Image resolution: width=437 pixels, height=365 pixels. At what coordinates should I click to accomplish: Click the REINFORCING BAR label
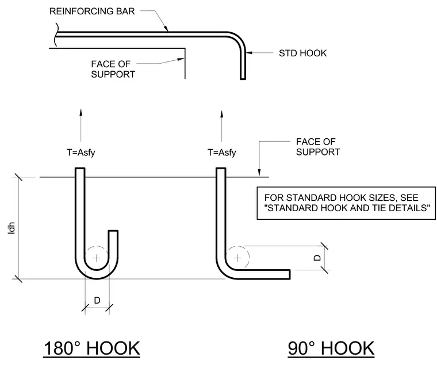tap(92, 11)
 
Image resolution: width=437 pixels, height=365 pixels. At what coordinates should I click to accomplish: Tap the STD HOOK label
tap(302, 53)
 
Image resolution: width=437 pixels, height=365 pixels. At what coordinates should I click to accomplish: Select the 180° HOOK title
tap(91, 348)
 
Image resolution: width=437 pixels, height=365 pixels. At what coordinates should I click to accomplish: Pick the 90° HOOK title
tap(331, 348)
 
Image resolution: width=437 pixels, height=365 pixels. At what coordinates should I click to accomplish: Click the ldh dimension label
tap(11, 228)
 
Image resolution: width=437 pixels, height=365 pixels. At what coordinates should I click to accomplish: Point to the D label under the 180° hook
tap(97, 301)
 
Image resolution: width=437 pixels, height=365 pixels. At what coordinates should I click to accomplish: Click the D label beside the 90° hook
tap(317, 258)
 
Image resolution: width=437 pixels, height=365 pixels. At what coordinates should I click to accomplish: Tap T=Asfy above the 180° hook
tap(81, 153)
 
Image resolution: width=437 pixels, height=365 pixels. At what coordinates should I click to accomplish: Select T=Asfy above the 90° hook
tap(222, 153)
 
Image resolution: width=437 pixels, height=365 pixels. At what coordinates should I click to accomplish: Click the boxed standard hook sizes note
tap(346, 203)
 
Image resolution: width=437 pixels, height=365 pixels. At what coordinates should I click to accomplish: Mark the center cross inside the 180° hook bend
tap(97, 258)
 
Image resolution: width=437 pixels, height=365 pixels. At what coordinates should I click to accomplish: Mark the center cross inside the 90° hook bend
tap(237, 258)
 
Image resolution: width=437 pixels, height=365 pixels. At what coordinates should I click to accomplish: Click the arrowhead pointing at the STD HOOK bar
tap(249, 52)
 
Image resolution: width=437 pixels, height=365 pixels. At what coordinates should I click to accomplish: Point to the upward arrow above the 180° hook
tap(81, 125)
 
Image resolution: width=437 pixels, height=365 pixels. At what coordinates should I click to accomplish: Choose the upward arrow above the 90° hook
tap(222, 126)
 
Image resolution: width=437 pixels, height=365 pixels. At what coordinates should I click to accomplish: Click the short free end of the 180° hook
tap(113, 231)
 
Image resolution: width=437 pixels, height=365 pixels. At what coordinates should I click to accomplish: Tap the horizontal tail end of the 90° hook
tap(290, 274)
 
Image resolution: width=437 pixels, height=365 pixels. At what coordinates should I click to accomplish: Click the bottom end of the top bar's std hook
tap(243, 79)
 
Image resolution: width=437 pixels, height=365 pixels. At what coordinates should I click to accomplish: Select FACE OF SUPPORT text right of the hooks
tap(318, 147)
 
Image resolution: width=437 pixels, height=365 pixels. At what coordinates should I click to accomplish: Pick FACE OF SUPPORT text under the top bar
tap(113, 69)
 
